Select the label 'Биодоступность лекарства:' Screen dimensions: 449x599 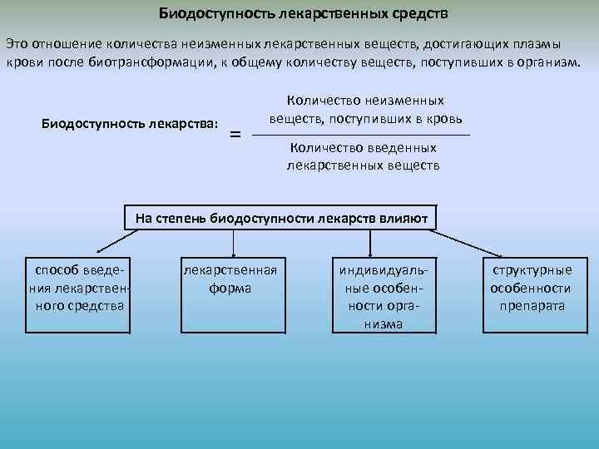[130, 124]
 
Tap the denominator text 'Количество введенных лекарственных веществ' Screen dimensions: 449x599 [364, 156]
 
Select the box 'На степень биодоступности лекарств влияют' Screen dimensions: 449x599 [281, 219]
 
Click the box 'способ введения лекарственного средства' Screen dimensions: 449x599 [79, 288]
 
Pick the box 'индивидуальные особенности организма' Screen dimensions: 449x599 [384, 297]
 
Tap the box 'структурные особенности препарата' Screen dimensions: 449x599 [532, 288]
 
